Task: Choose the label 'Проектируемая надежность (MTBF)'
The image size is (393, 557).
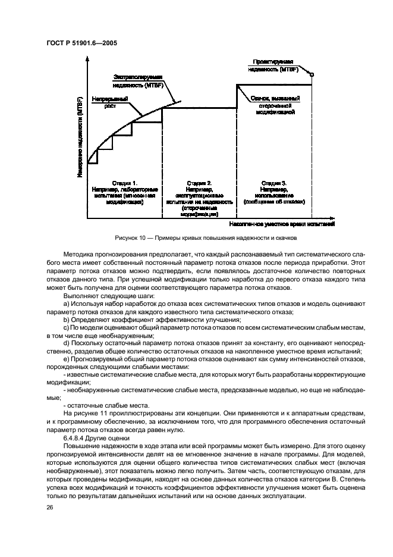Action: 273,65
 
